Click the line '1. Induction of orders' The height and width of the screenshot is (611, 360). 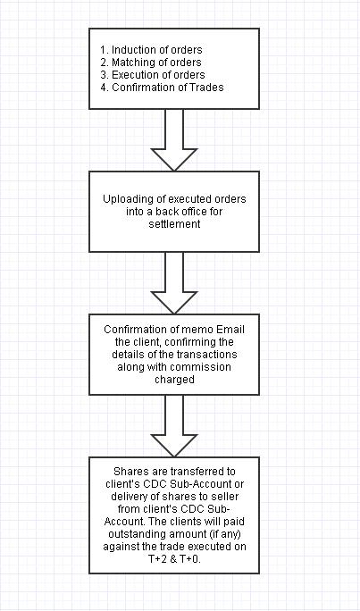click(x=151, y=50)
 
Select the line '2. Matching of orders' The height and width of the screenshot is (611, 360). click(x=151, y=63)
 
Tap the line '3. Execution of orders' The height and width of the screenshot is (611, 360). click(x=153, y=75)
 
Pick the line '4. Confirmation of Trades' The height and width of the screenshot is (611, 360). click(x=162, y=88)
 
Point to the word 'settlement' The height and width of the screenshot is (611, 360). click(x=174, y=224)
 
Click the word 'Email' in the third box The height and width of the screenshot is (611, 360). click(x=230, y=330)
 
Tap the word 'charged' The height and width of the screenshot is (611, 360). click(x=174, y=380)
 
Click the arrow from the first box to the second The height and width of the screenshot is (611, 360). click(x=174, y=139)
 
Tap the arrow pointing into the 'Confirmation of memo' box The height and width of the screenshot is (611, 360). click(x=174, y=282)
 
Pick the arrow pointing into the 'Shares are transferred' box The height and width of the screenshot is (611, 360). click(x=174, y=425)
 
